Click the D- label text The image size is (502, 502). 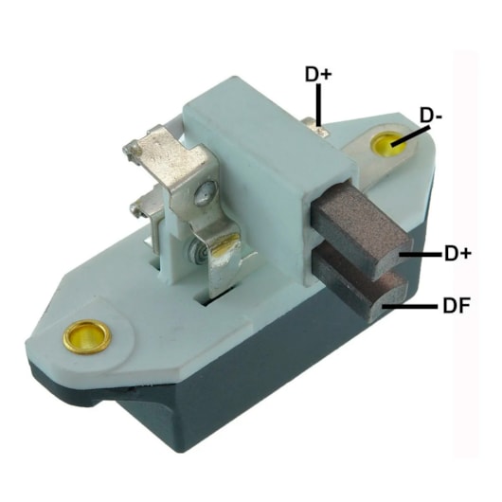point(431,116)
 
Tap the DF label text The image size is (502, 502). point(457,305)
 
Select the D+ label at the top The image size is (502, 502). point(318,74)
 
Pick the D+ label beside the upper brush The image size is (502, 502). point(457,254)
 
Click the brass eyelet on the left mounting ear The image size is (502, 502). point(87,337)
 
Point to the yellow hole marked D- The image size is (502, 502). point(388,143)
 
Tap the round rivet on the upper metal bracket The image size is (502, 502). point(206,192)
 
